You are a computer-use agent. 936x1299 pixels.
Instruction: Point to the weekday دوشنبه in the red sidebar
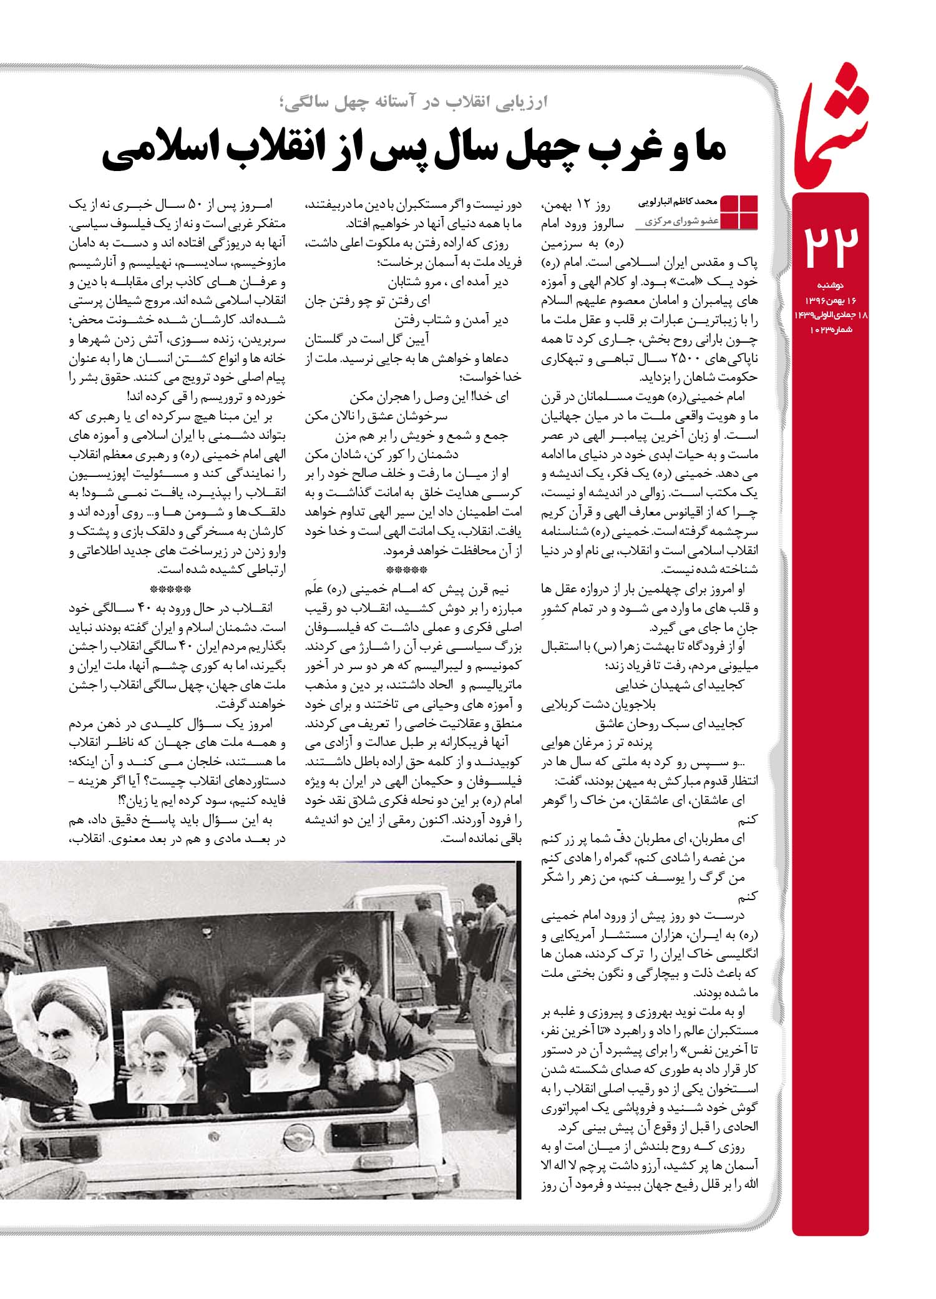tap(831, 285)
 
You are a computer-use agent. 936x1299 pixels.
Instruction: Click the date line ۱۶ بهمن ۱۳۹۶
tap(830, 300)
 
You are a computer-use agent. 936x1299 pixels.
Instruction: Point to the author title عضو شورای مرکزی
tap(680, 222)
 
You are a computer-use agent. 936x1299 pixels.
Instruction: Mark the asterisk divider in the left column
tap(171, 589)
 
